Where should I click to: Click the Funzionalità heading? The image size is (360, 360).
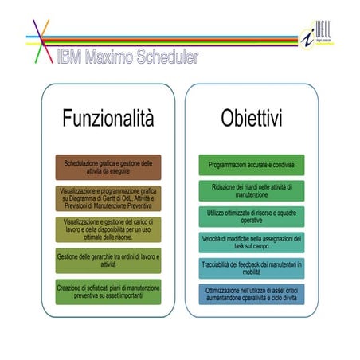click(x=108, y=119)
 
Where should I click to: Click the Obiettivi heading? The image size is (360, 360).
click(x=252, y=119)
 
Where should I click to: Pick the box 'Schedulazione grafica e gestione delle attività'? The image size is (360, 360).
click(x=108, y=167)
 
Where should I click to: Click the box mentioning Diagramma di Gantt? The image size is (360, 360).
click(x=108, y=198)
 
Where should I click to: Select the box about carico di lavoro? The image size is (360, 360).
click(x=108, y=229)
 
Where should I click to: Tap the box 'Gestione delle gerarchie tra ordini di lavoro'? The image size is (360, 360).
click(x=108, y=260)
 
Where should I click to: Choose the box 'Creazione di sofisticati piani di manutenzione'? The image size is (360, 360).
click(x=108, y=292)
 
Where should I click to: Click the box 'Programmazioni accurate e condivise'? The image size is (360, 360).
click(x=252, y=165)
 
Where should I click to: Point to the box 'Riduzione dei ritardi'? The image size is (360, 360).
click(x=252, y=190)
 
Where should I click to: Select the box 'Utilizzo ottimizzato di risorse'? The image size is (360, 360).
click(x=252, y=217)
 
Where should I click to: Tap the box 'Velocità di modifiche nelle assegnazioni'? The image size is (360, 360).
click(x=252, y=242)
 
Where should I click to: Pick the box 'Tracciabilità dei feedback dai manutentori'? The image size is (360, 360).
click(x=252, y=268)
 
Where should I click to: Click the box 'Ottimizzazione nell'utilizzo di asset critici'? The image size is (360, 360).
click(x=252, y=294)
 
